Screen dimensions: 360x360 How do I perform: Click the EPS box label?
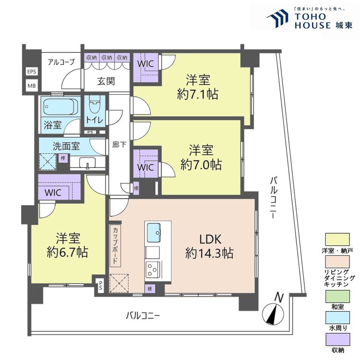point(32,72)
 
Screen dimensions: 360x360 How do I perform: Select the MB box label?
point(32,86)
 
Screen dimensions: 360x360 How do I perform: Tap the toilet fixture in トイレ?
point(95,103)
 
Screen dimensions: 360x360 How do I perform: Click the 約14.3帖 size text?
point(209,253)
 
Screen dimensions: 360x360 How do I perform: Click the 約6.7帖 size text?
point(67,252)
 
